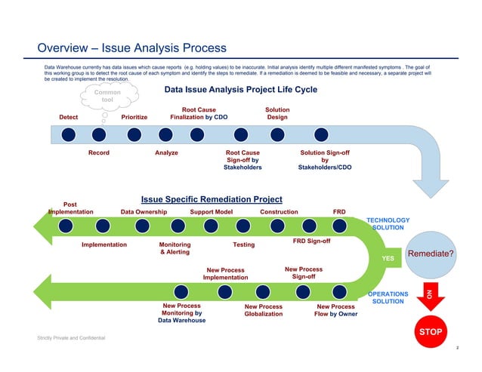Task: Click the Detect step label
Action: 68,117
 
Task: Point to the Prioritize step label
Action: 134,117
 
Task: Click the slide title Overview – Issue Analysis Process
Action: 132,48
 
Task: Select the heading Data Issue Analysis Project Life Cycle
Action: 240,91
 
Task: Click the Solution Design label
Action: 277,113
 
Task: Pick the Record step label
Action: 99,153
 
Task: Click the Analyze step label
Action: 166,153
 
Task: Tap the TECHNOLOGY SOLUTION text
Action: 388,223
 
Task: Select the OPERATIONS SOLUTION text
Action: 388,297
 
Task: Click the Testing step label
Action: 243,245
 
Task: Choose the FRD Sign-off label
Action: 311,241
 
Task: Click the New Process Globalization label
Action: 264,311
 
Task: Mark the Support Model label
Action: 212,212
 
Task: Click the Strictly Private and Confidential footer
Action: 72,337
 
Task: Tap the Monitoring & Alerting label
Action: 175,249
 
